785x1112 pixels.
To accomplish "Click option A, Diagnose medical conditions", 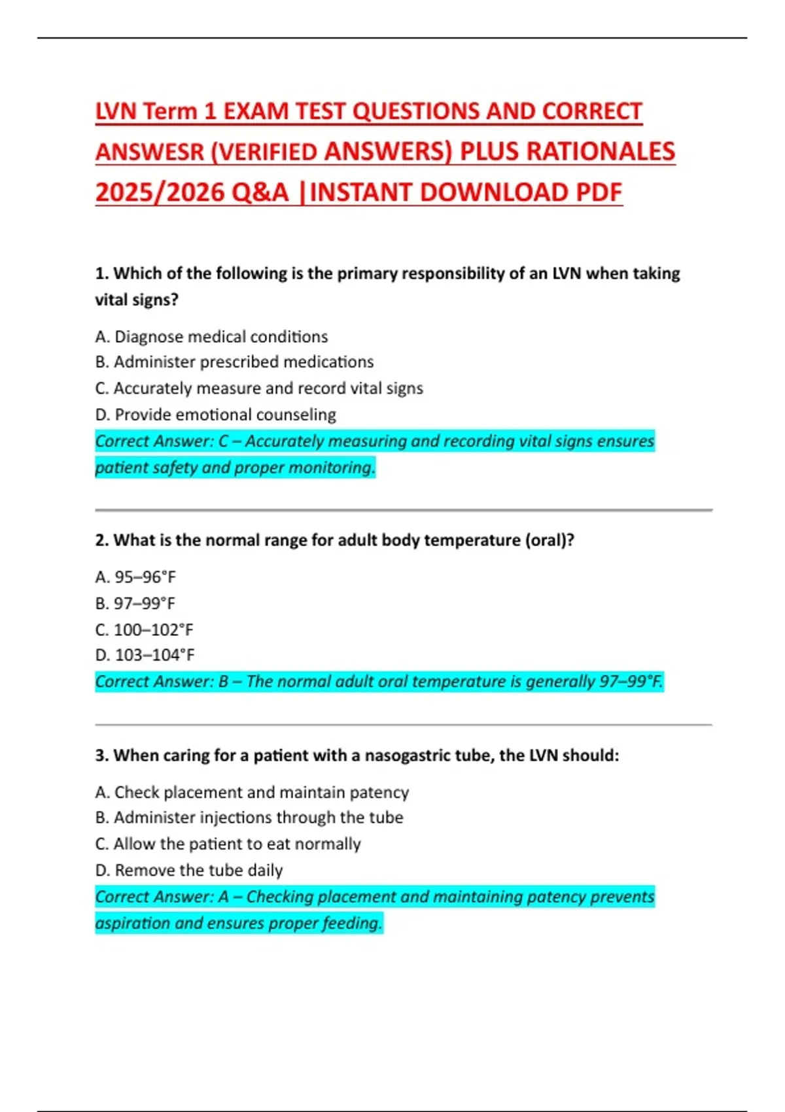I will click(x=211, y=336).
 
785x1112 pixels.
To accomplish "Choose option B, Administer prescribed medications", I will click(x=234, y=362).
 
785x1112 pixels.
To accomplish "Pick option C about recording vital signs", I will click(x=259, y=388).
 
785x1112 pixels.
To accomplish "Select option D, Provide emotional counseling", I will click(x=215, y=415).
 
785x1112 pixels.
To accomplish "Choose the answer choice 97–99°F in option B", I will click(x=145, y=603).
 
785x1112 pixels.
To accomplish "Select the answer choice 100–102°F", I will click(x=154, y=629).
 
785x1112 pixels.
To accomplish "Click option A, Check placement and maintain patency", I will click(x=252, y=792).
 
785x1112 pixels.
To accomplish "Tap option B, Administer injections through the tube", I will click(x=249, y=818).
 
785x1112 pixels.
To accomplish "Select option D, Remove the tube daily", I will click(x=188, y=870).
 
